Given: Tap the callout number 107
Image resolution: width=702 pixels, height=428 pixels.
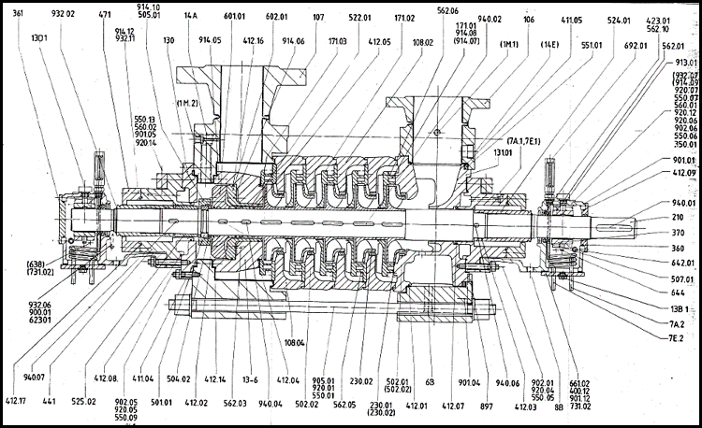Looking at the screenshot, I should coord(318,17).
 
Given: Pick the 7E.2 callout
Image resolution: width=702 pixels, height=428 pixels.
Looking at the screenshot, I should coord(677,338).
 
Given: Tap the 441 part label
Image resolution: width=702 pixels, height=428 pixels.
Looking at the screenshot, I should coord(49,402).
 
